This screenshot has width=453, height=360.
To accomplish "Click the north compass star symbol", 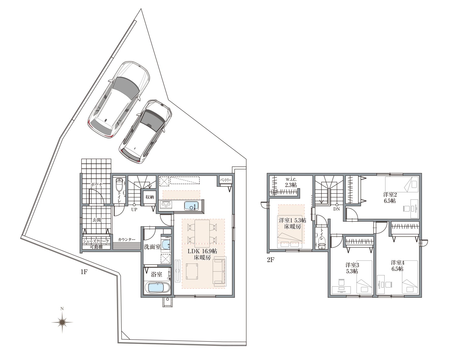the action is coord(62,322).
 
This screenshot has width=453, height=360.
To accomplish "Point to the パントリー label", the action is coord(226,180).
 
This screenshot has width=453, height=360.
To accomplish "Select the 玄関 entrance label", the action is coord(96,220).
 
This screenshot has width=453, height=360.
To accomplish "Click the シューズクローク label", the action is coord(96,241).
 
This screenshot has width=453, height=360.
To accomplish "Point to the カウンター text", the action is coord(127,239).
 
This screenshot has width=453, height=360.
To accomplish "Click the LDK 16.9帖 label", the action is coord(202,251).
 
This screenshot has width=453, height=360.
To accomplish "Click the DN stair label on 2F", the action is coord(336,209).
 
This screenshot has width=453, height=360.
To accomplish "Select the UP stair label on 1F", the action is coord(134,210).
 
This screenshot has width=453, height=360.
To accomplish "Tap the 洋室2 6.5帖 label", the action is coord(390,198).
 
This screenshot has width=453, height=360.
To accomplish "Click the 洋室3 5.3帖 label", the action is coord(352,268).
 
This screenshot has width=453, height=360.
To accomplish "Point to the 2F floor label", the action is coord(271,260).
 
